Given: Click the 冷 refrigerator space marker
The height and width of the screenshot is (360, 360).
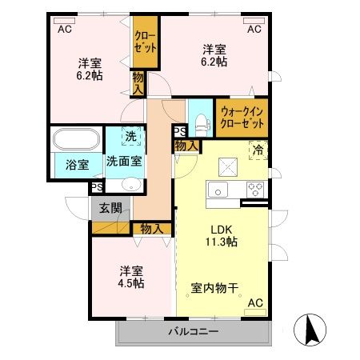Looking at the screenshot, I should click(258, 149).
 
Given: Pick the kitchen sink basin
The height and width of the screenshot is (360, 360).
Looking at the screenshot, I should click(218, 190).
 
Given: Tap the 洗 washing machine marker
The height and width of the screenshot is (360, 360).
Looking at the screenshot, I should click(129, 137).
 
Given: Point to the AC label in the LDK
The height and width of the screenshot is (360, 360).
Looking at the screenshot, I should click(256, 303).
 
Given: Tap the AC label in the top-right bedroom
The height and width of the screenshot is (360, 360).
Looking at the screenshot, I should click(254, 29).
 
